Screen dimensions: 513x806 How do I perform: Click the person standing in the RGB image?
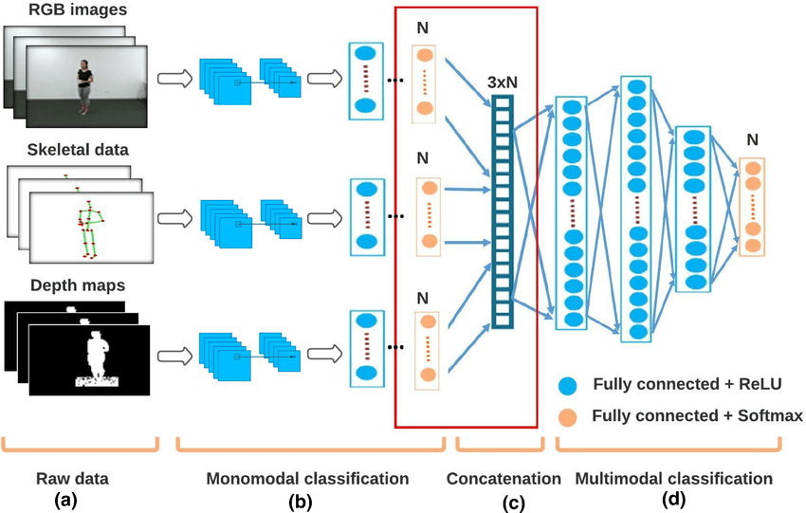86,85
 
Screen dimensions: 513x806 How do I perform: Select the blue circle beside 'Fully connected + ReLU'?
568,385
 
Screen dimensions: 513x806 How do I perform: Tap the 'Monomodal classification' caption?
307,477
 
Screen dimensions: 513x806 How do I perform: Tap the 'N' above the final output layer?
752,139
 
